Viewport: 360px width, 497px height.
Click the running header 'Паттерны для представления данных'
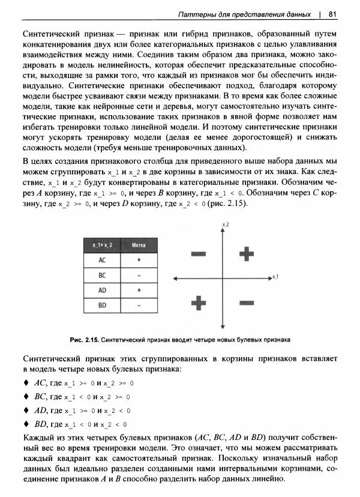tap(245, 14)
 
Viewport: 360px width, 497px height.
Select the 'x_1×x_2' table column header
tap(102, 245)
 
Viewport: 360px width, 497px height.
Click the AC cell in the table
tap(102, 261)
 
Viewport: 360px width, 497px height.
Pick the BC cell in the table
tap(102, 276)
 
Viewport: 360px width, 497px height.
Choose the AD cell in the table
tap(102, 291)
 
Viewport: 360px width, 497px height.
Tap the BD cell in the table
tap(102, 306)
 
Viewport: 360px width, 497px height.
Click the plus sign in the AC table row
tap(139, 261)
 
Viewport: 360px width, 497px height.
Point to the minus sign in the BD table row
tap(139, 306)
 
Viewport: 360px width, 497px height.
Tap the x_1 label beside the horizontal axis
tap(274, 277)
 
